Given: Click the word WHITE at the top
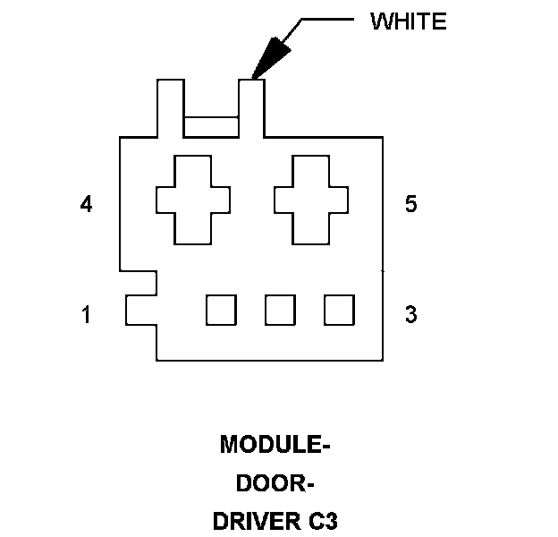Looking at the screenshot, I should click(x=408, y=22).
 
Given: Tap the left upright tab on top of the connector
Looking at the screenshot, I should click(x=170, y=107).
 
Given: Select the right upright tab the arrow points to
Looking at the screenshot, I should click(x=252, y=107).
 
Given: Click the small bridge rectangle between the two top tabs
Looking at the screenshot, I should click(x=211, y=127).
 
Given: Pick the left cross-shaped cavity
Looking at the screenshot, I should click(x=193, y=199).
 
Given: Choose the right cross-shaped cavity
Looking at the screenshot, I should click(x=310, y=199).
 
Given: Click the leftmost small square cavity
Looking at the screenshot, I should click(x=221, y=310).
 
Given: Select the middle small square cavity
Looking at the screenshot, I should click(x=280, y=310).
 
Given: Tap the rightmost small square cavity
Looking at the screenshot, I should click(x=339, y=310).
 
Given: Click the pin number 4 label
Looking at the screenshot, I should click(x=86, y=205).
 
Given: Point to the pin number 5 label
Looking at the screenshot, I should click(x=410, y=205).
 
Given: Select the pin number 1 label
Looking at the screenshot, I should click(x=86, y=315).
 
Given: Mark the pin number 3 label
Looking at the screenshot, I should click(x=410, y=315).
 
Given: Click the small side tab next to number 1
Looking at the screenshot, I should click(x=140, y=310).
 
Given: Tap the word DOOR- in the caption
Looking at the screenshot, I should click(x=275, y=483).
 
